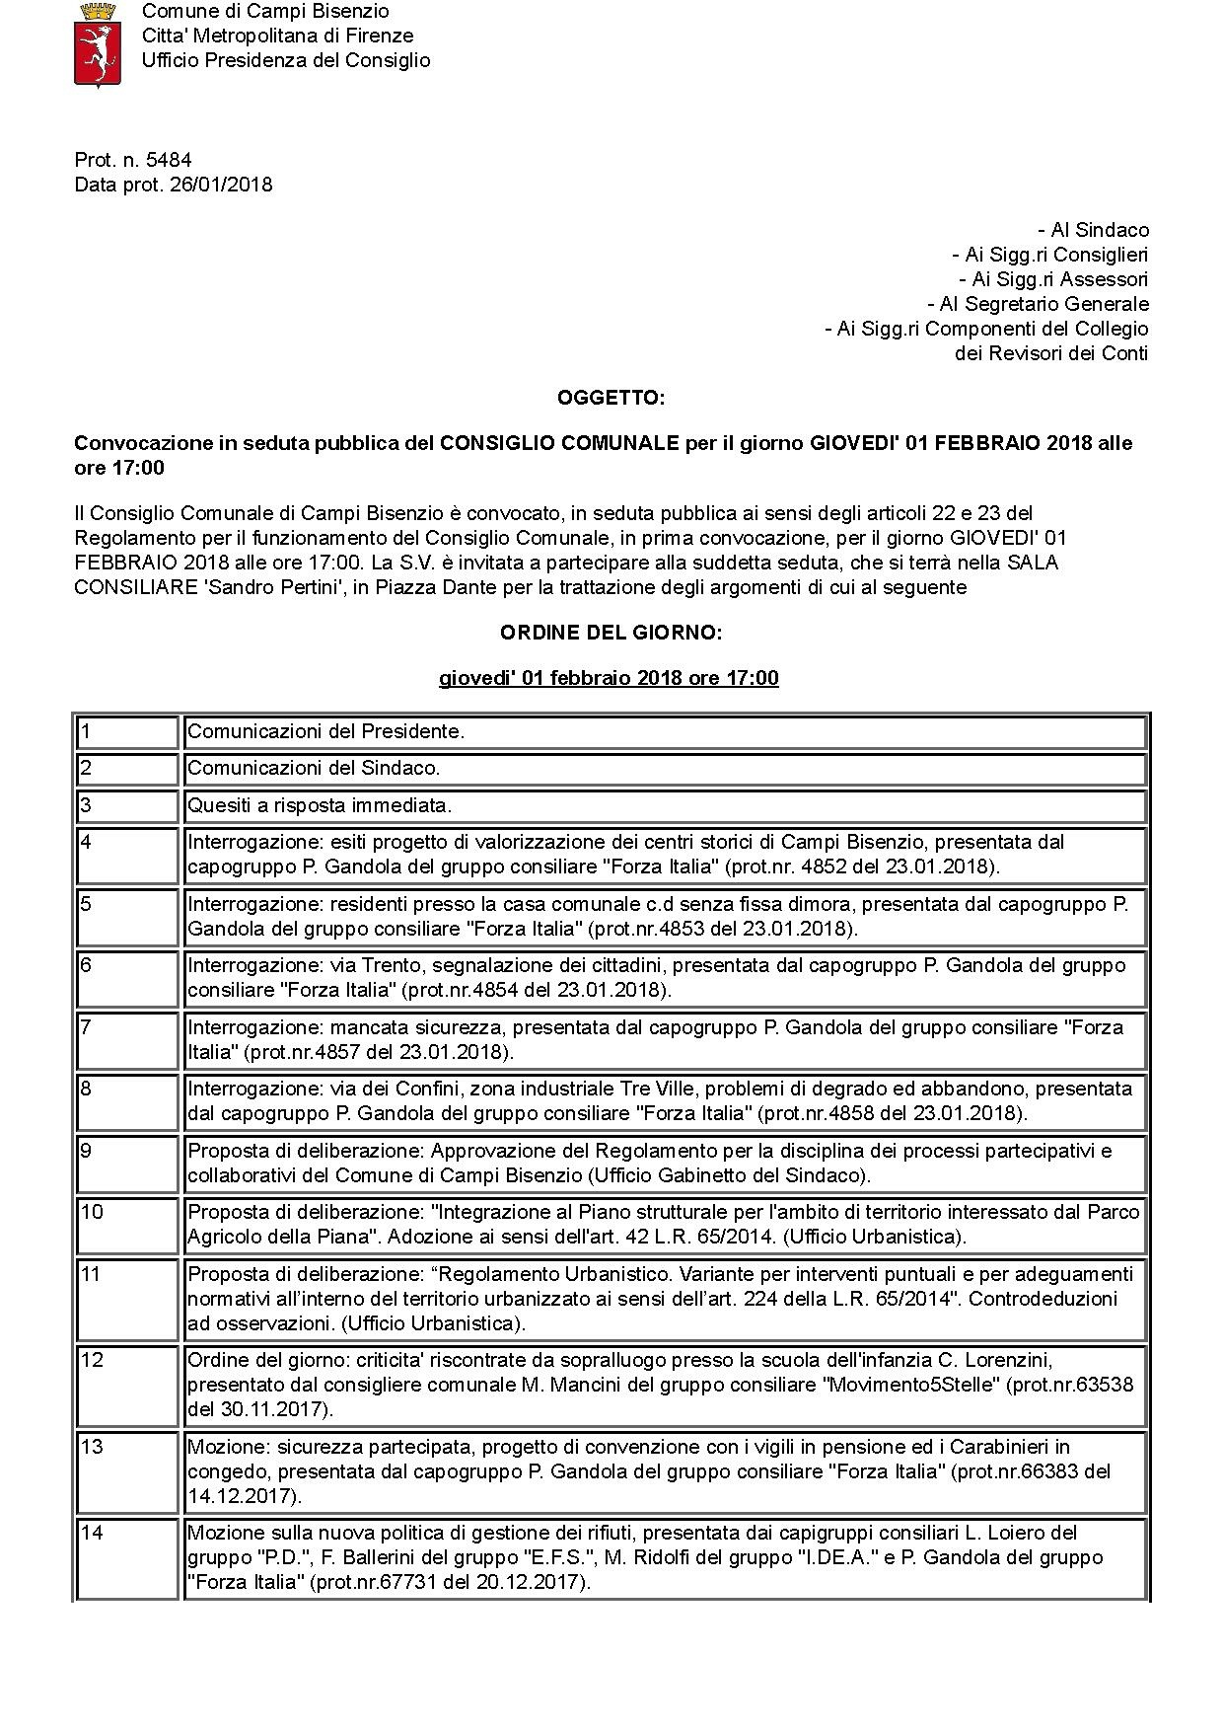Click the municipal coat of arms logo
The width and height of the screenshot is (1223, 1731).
point(98,44)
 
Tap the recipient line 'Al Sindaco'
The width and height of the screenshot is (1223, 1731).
point(1094,230)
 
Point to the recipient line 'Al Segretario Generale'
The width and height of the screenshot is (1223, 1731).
point(1038,304)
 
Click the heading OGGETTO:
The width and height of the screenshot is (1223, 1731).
point(611,398)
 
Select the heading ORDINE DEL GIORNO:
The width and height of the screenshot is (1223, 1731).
point(611,633)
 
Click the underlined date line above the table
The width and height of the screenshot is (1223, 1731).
point(609,678)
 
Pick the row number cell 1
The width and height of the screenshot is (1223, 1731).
point(127,732)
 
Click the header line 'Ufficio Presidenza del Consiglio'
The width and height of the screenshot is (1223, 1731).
point(286,60)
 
